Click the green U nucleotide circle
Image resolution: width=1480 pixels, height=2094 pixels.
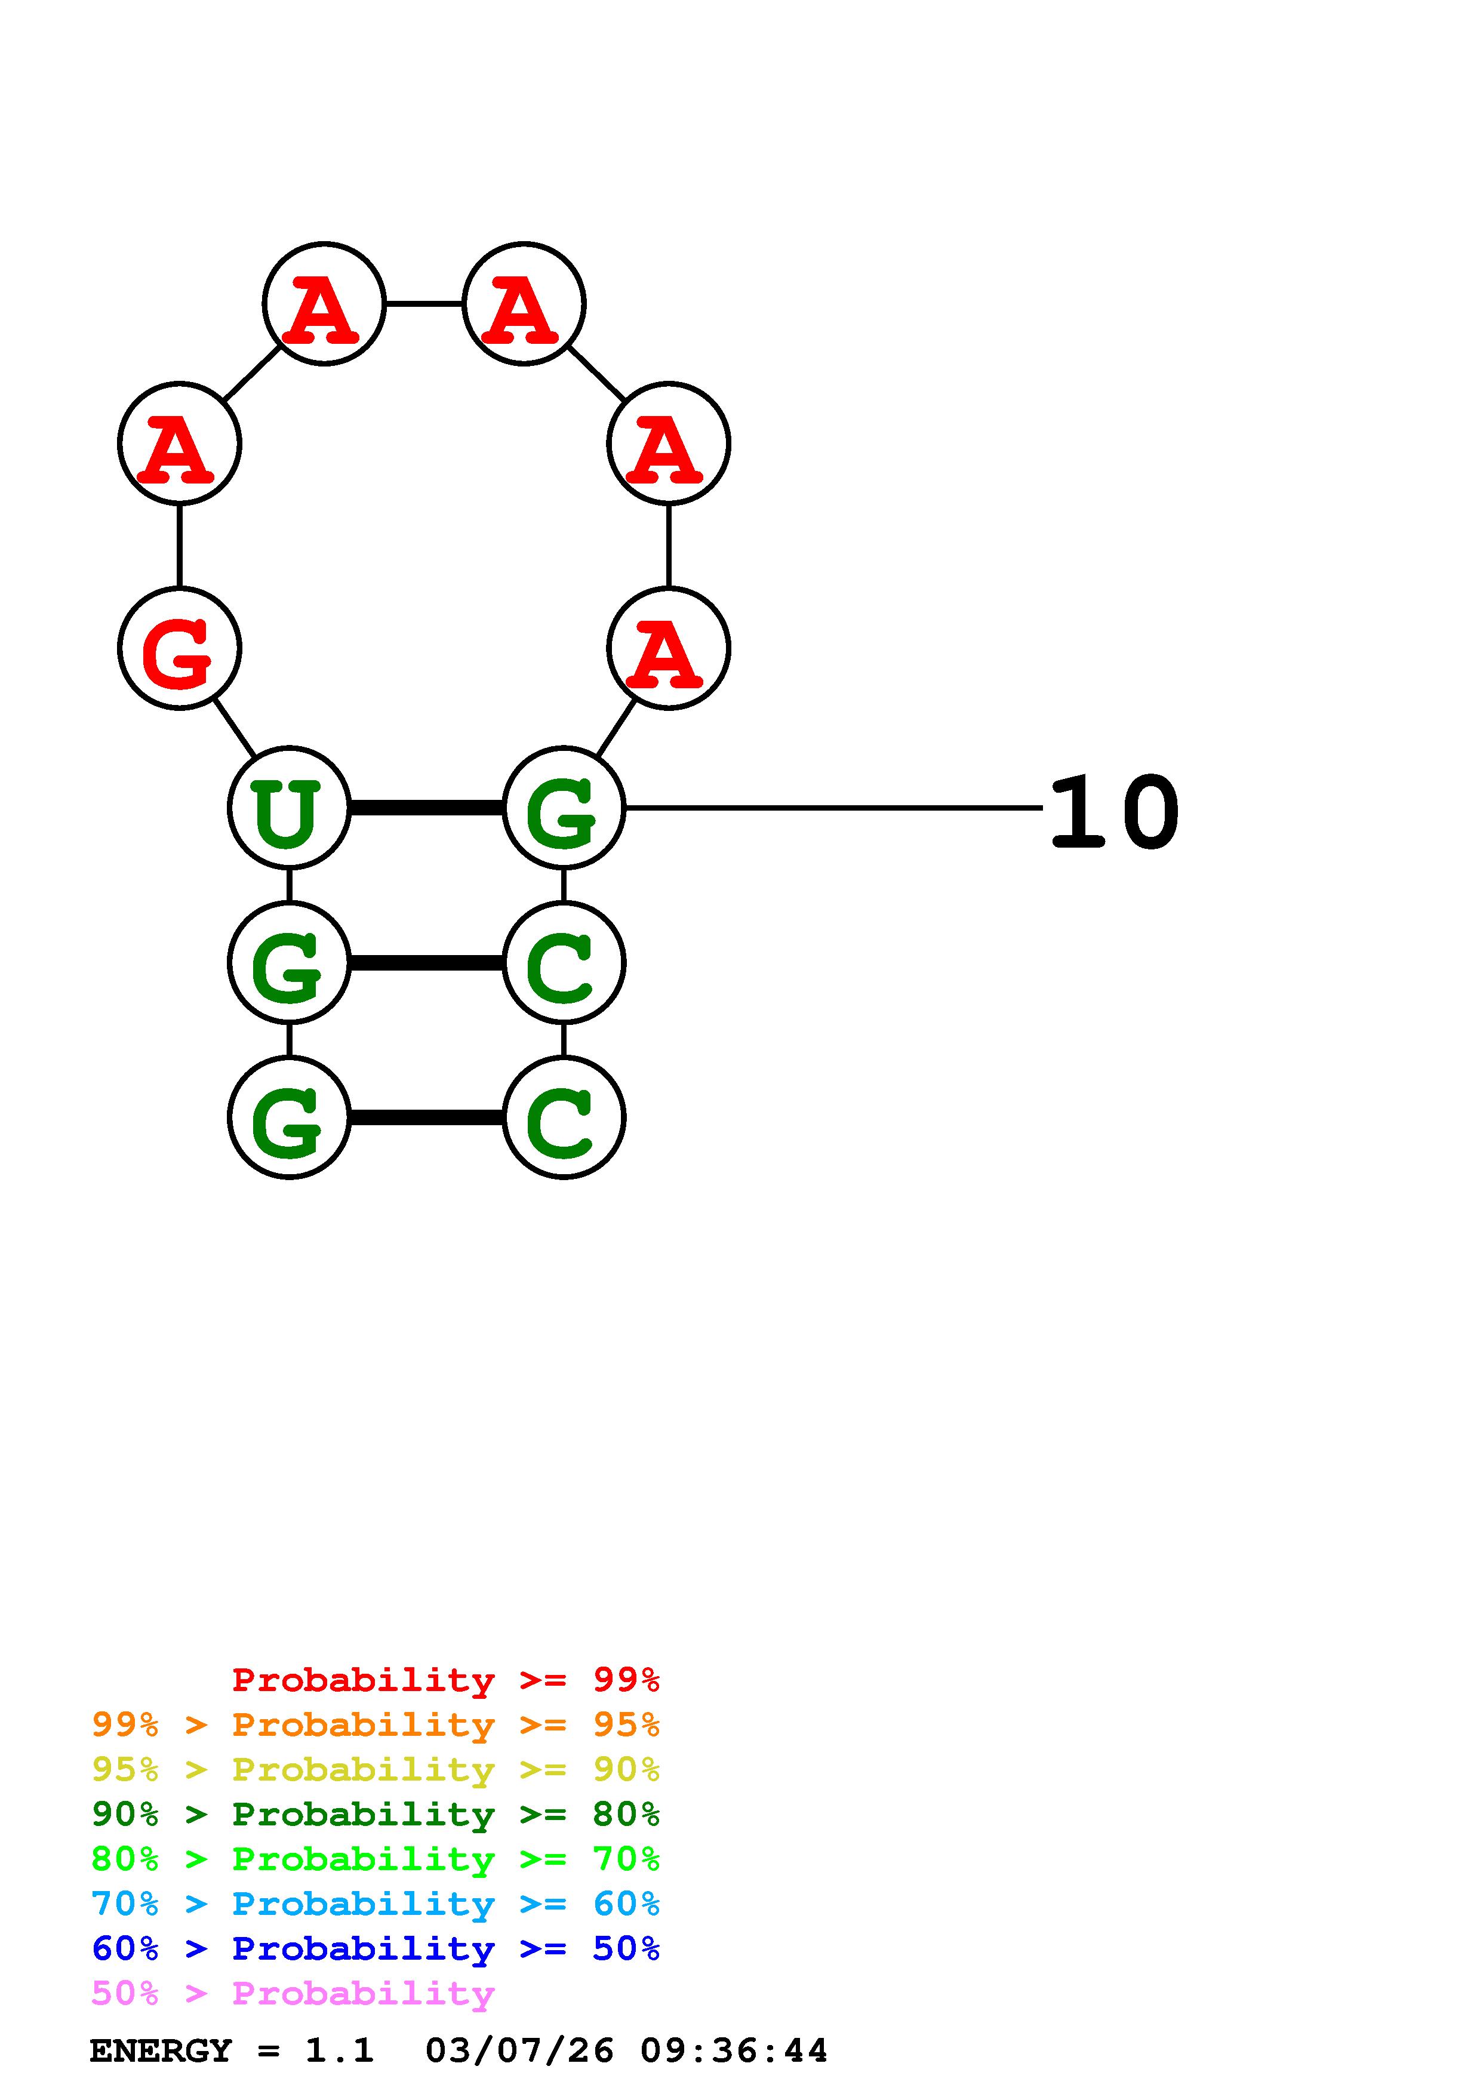pos(288,807)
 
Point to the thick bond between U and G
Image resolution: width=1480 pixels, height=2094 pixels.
pos(426,807)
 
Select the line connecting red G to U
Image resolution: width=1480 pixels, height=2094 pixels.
pos(235,728)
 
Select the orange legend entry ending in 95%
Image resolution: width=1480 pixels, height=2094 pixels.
pos(375,1725)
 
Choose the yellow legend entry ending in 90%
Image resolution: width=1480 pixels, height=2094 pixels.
pos(375,1769)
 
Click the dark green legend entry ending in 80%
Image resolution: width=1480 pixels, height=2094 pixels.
pos(375,1814)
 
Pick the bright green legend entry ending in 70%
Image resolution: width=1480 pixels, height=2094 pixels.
pos(375,1859)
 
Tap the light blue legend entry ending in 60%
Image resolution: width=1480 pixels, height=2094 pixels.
pos(375,1904)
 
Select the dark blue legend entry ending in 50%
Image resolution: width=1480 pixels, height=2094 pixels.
pos(375,1948)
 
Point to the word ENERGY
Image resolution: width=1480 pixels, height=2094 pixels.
pos(161,2051)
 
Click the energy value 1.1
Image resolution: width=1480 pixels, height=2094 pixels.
pos(339,2051)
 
